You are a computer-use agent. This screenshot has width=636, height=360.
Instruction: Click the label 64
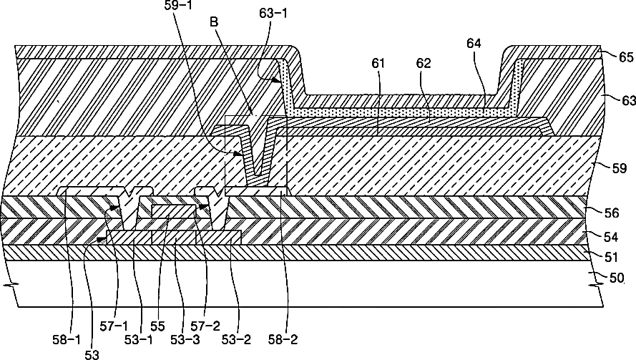tap(474, 44)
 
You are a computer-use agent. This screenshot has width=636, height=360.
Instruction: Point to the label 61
tap(378, 64)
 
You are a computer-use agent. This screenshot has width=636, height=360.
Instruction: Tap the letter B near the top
tap(215, 23)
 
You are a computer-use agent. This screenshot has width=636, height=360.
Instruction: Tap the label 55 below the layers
tap(157, 326)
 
